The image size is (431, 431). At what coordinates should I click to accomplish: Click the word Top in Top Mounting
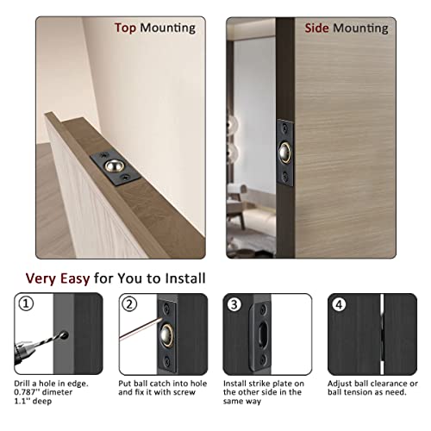pyautogui.click(x=127, y=28)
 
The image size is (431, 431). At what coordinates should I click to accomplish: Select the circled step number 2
pyautogui.click(x=129, y=303)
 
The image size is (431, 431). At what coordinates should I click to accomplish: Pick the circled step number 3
pyautogui.click(x=234, y=303)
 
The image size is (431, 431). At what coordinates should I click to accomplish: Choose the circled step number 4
pyautogui.click(x=339, y=303)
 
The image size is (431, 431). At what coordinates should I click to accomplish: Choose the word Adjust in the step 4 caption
pyautogui.click(x=341, y=383)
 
